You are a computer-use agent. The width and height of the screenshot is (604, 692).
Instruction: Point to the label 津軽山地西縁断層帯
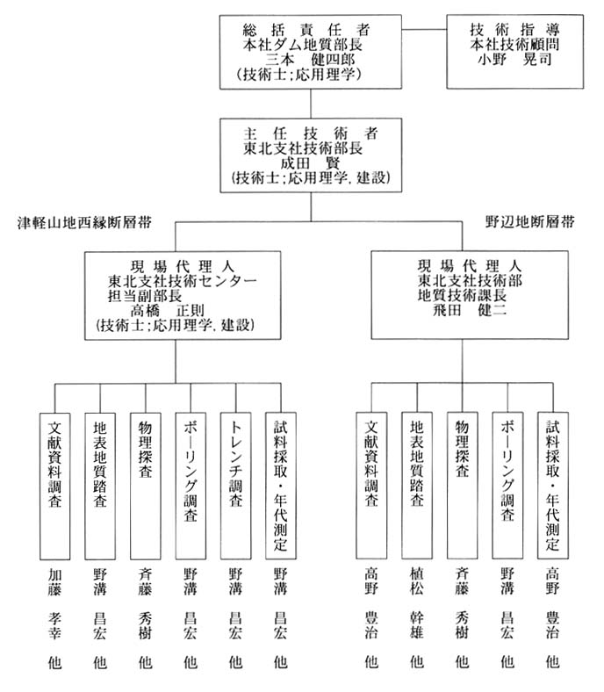pyautogui.click(x=84, y=222)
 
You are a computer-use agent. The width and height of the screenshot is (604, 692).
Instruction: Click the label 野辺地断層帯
pyautogui.click(x=530, y=221)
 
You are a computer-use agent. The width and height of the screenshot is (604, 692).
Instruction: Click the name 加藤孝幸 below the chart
pyautogui.click(x=54, y=603)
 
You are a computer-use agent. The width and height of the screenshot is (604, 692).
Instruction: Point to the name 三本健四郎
pyautogui.click(x=310, y=60)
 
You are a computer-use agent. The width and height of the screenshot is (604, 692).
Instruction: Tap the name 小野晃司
pyautogui.click(x=514, y=59)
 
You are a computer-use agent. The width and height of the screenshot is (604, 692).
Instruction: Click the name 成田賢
pyautogui.click(x=311, y=162)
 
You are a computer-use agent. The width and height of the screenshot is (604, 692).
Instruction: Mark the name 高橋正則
pyautogui.click(x=167, y=311)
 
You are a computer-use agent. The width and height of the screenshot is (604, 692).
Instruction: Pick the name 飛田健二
pyautogui.click(x=470, y=310)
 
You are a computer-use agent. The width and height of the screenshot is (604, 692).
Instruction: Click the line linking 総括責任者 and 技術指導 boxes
pyautogui.click(x=424, y=30)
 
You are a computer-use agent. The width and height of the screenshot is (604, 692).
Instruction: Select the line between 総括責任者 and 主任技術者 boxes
pyautogui.click(x=311, y=104)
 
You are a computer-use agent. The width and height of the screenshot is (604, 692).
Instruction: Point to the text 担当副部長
pyautogui.click(x=145, y=296)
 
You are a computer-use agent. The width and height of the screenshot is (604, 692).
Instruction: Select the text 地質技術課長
pyautogui.click(x=462, y=295)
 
